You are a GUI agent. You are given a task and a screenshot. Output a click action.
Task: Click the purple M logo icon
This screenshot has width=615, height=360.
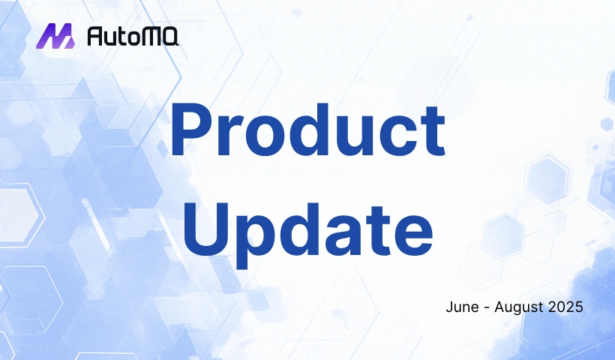[55, 36]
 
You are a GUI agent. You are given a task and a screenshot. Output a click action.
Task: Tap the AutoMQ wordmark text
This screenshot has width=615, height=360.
[133, 36]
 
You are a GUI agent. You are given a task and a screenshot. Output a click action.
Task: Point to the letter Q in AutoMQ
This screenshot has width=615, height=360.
[169, 37]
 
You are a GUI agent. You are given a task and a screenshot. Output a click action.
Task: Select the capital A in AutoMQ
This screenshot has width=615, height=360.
[95, 36]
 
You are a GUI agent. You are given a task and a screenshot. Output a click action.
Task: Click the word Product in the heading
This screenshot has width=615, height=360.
[308, 129]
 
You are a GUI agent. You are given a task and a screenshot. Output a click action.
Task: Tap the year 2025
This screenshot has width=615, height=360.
[565, 307]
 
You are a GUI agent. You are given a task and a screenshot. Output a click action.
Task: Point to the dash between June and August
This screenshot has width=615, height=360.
[487, 307]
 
